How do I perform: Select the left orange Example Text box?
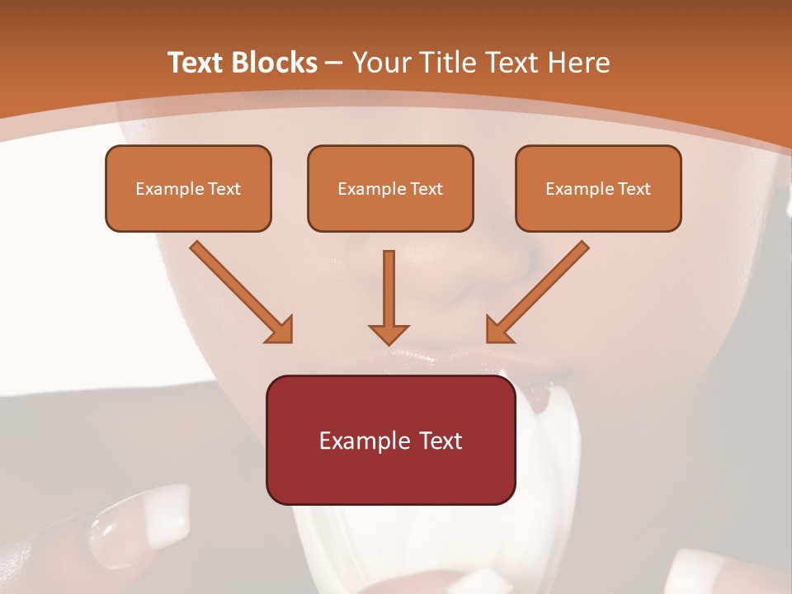[188, 188]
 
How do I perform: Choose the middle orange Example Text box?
[390, 188]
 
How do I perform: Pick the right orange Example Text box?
[598, 188]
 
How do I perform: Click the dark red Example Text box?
[390, 440]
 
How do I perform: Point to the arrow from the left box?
[239, 290]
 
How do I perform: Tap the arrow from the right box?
[540, 290]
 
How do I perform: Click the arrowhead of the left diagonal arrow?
[280, 330]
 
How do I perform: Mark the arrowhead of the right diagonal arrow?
[499, 330]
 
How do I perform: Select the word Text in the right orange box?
[634, 189]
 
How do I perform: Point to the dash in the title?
[334, 63]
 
